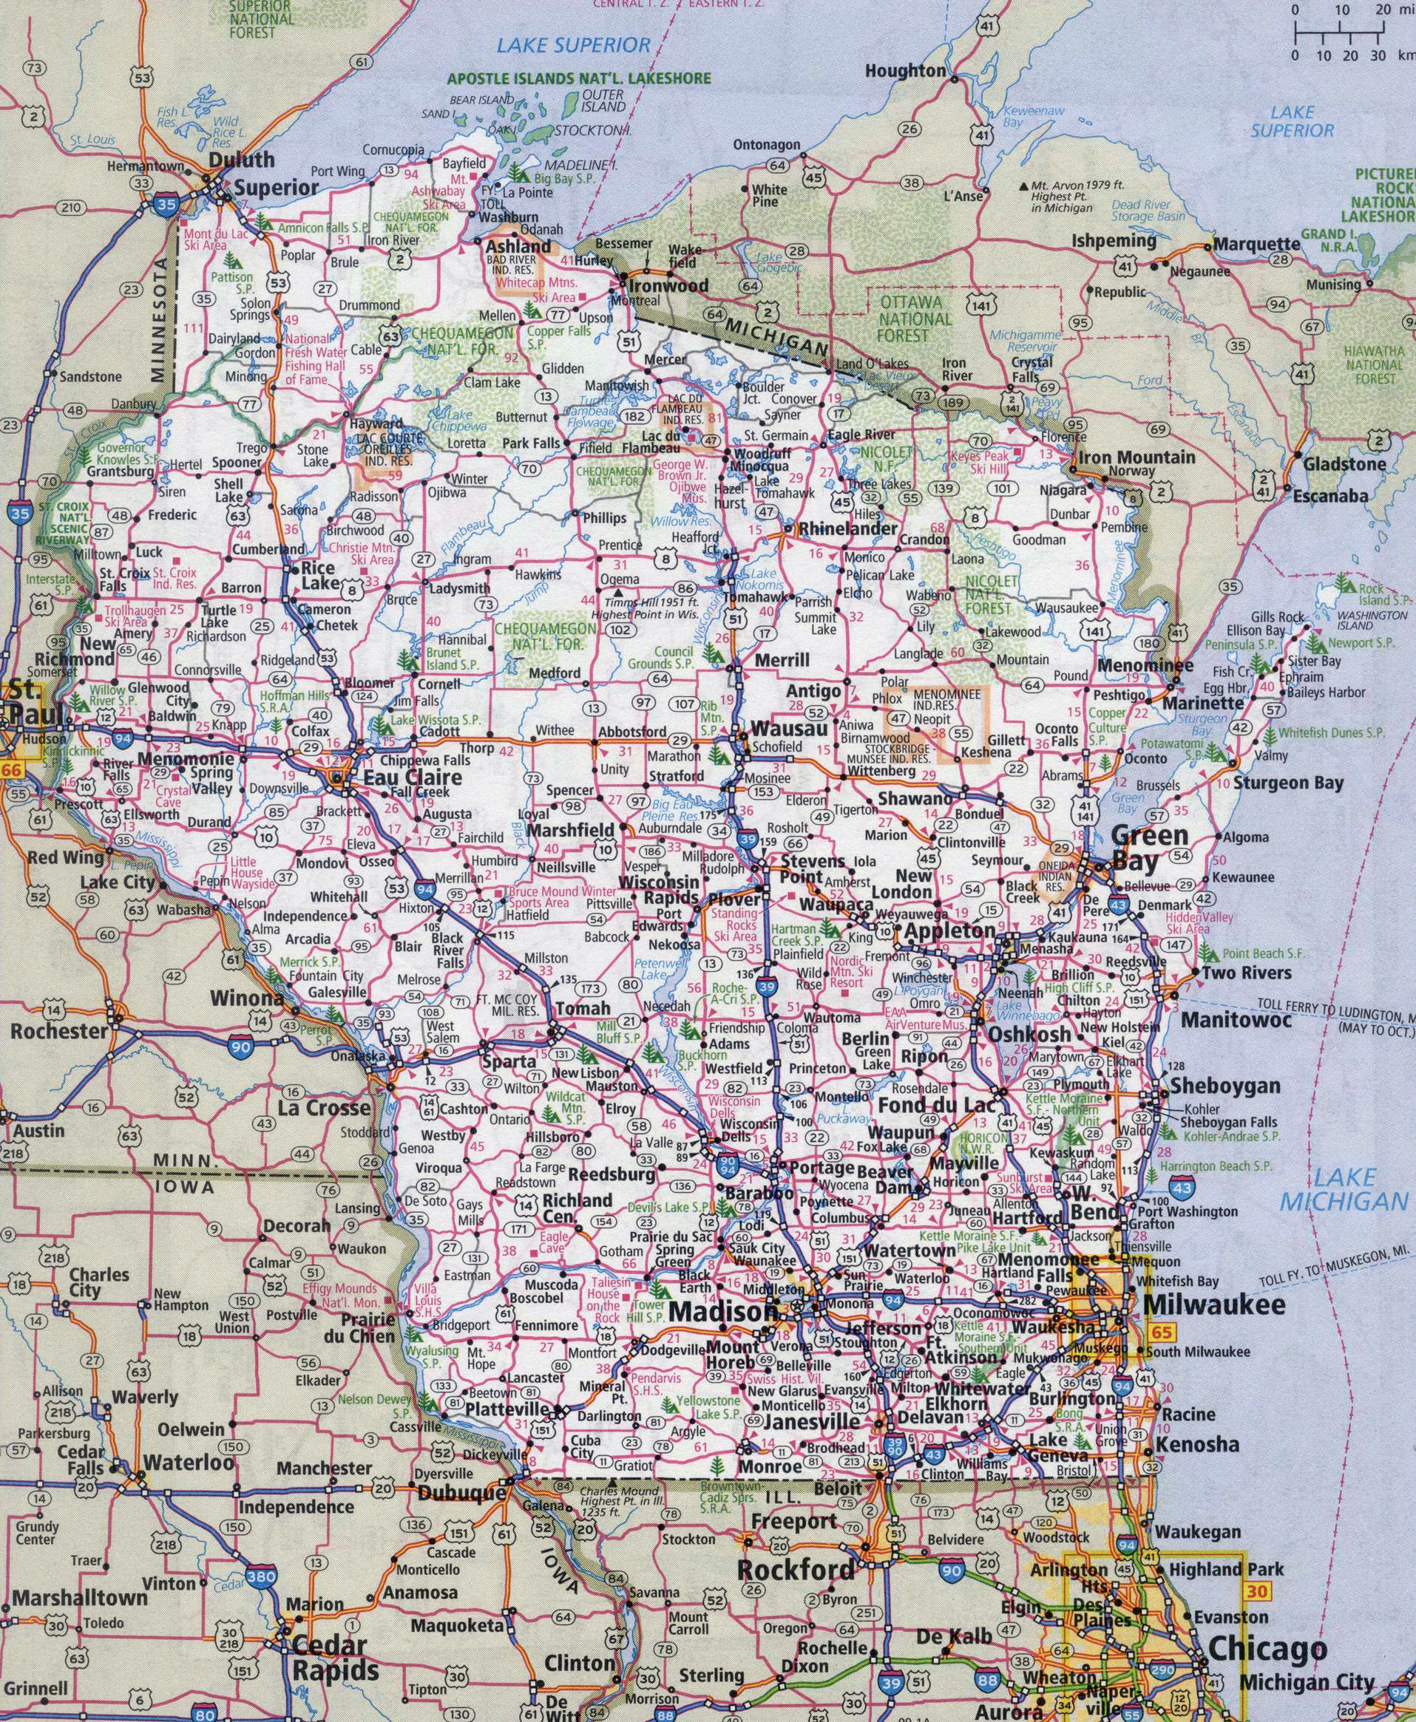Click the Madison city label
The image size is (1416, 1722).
722,1312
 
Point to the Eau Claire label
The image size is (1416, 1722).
412,777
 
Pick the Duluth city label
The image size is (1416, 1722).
242,160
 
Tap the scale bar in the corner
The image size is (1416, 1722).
1339,34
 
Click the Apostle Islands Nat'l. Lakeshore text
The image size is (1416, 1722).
578,80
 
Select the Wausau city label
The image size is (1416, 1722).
789,728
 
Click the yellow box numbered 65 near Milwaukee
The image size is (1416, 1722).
1161,1333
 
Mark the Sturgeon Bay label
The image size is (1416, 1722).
1288,783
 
